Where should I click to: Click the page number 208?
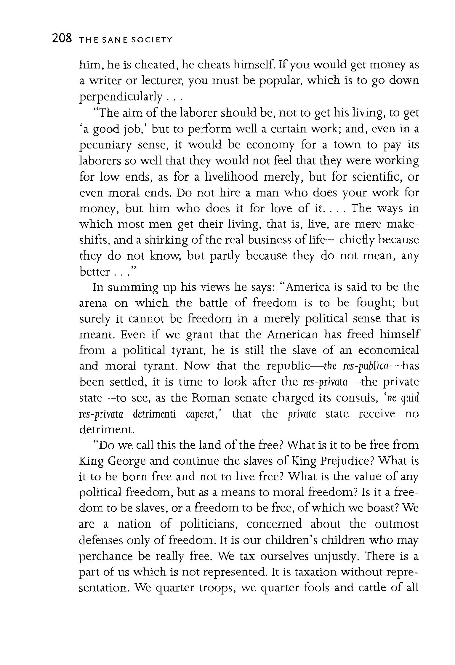tap(62, 39)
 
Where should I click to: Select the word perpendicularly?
tap(121, 97)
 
